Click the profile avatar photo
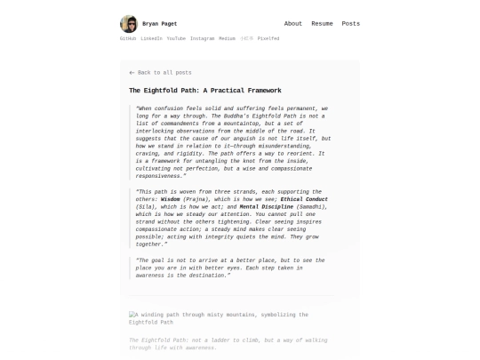click(129, 24)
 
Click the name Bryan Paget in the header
click(159, 24)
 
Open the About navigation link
click(293, 24)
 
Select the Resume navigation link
click(322, 24)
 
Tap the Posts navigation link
click(351, 24)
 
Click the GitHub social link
click(128, 39)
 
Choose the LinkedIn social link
click(151, 39)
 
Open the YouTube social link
click(176, 39)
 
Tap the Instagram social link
click(202, 39)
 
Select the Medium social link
click(228, 39)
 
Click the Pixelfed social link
click(268, 39)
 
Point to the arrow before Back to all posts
click(132, 72)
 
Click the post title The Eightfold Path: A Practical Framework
click(204, 90)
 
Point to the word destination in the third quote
click(209, 276)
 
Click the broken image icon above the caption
click(132, 315)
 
